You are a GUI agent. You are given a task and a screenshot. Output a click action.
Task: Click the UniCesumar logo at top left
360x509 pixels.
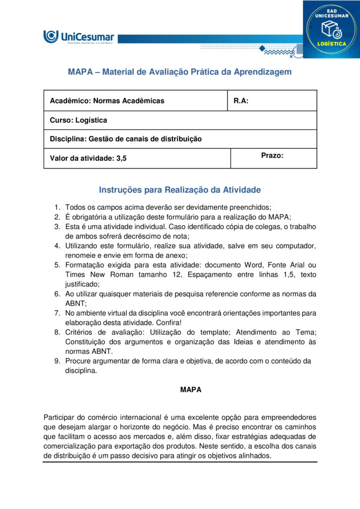[x=79, y=37]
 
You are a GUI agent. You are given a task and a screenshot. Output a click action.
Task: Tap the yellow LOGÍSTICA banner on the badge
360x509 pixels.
[x=332, y=44]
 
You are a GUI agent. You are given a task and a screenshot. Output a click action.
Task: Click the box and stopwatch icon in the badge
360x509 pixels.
[x=332, y=30]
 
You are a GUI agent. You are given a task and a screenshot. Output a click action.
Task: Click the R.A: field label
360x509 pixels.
[x=241, y=101]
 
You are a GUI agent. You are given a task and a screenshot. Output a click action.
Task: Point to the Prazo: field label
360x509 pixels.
[x=272, y=156]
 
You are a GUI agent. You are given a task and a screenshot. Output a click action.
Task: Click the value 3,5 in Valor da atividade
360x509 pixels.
[x=121, y=159]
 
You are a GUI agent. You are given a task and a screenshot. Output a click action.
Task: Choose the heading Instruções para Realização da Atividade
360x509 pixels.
[x=180, y=190]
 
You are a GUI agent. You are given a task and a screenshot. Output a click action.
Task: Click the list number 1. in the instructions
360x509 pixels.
[x=57, y=207]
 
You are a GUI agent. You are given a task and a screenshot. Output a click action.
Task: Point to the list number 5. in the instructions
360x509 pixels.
[x=57, y=265]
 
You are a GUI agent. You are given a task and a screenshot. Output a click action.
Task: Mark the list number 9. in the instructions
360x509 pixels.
[x=57, y=361]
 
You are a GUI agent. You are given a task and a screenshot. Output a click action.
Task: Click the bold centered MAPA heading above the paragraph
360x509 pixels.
[x=190, y=390]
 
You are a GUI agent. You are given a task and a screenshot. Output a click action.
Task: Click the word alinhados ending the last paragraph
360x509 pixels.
[x=254, y=455]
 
